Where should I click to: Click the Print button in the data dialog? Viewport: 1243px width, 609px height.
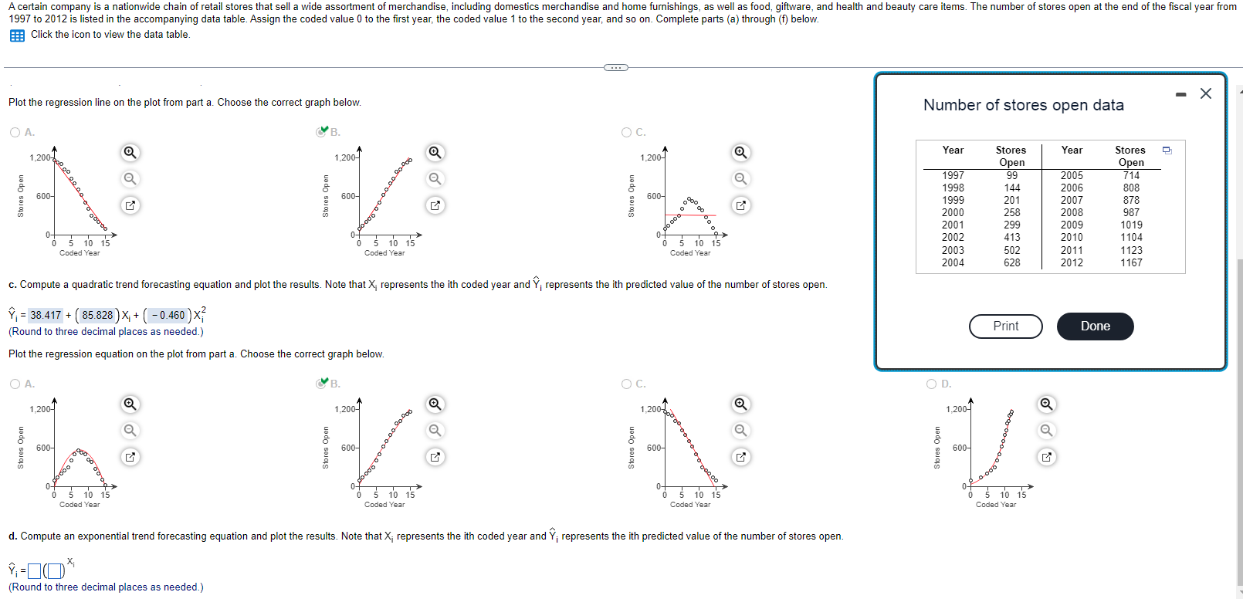[x=1005, y=326]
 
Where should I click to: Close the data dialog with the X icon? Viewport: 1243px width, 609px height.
[x=1205, y=93]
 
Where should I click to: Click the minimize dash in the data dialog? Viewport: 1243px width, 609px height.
[x=1180, y=94]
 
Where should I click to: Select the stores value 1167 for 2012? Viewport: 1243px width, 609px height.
[x=1131, y=262]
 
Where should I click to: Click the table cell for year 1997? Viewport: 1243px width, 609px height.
[x=953, y=175]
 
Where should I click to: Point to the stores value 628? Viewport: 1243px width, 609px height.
[x=1011, y=262]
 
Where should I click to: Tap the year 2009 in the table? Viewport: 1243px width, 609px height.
[x=1072, y=225]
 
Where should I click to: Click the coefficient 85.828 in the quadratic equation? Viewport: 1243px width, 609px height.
[x=97, y=315]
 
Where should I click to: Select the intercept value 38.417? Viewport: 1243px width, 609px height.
[x=46, y=315]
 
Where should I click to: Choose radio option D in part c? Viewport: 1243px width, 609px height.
[x=932, y=384]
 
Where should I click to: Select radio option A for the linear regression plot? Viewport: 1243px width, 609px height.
[x=15, y=132]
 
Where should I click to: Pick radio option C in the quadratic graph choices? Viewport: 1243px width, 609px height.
[x=627, y=384]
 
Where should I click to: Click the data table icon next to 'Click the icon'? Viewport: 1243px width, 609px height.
[x=17, y=36]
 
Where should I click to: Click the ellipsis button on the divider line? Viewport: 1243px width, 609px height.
[x=615, y=68]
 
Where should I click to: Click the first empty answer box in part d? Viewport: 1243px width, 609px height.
[x=34, y=571]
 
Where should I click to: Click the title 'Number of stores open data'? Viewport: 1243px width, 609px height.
[x=1023, y=105]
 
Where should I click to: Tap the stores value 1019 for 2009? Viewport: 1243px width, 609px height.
[x=1131, y=225]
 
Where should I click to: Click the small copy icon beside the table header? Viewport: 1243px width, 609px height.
[x=1167, y=151]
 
